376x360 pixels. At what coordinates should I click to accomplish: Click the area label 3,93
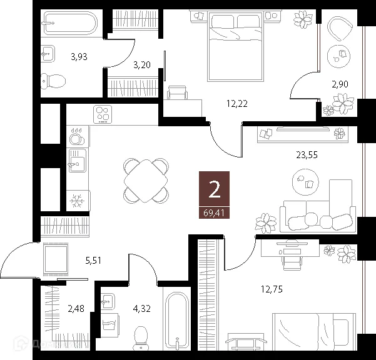[x=78, y=56]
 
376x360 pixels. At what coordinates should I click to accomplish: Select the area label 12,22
[x=236, y=104]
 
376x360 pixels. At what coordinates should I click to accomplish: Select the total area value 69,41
[x=215, y=213]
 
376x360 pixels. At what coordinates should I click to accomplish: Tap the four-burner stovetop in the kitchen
[x=102, y=115]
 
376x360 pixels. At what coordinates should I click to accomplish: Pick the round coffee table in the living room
[x=307, y=182]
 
